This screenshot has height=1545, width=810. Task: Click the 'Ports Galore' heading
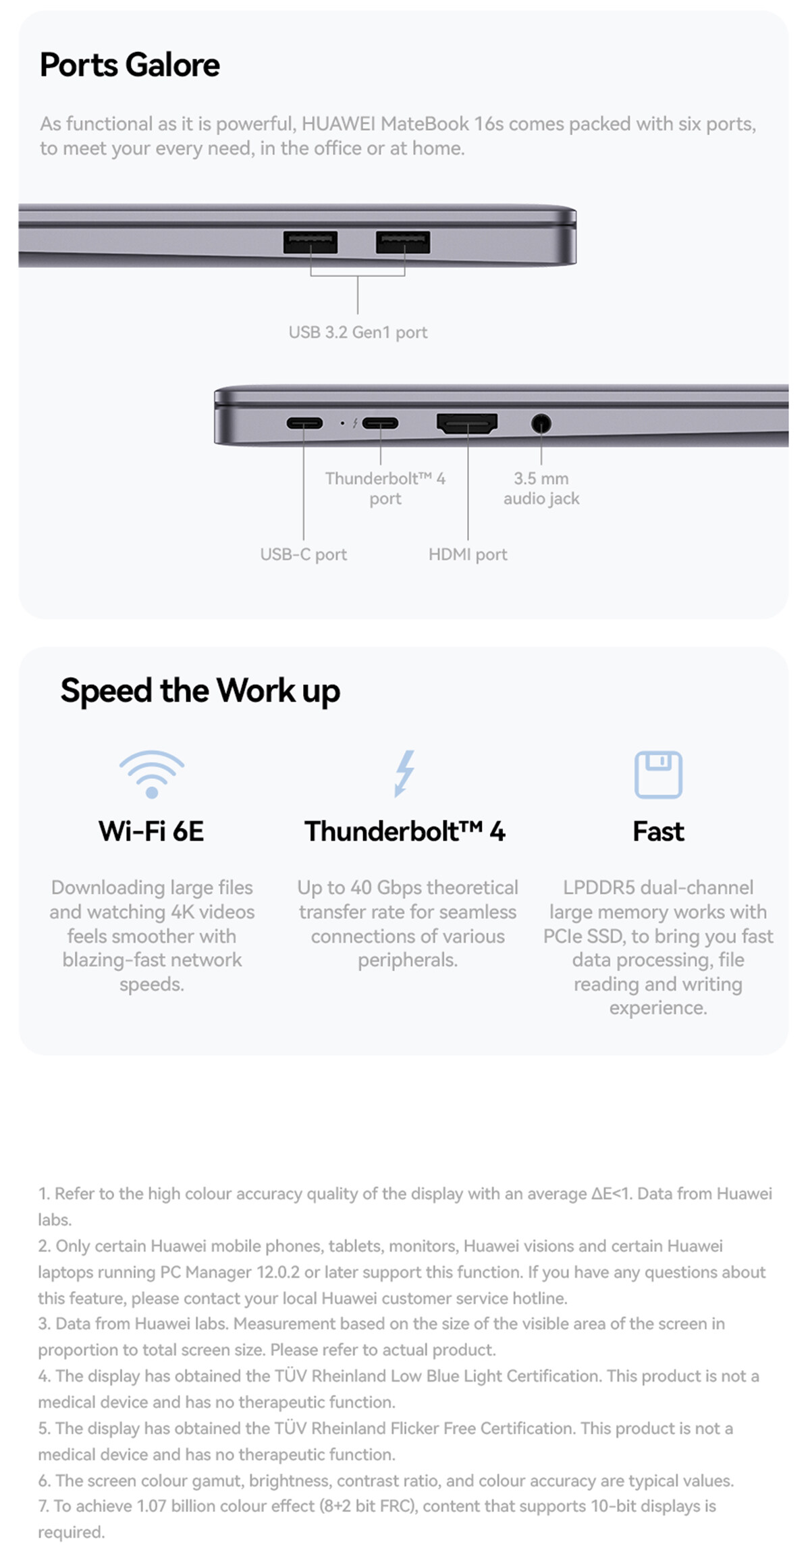click(130, 65)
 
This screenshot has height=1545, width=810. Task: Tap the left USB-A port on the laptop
click(310, 242)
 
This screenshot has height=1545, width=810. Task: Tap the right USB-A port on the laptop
click(403, 242)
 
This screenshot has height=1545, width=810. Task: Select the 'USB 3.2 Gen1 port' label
click(358, 332)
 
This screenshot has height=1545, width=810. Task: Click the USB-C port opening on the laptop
click(304, 423)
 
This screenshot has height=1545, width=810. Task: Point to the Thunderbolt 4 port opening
click(380, 423)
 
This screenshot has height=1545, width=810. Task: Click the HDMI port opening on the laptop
click(467, 423)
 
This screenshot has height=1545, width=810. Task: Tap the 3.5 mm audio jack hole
click(541, 423)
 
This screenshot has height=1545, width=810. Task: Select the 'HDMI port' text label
click(468, 554)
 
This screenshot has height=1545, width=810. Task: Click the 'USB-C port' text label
click(304, 554)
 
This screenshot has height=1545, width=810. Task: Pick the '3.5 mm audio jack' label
click(541, 488)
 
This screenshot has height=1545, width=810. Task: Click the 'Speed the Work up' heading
click(200, 691)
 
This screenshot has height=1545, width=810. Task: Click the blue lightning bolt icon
click(404, 773)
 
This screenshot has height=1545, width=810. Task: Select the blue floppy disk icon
click(658, 775)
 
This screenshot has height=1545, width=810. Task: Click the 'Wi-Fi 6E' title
click(151, 832)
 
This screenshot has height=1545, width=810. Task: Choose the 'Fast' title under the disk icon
click(658, 832)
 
